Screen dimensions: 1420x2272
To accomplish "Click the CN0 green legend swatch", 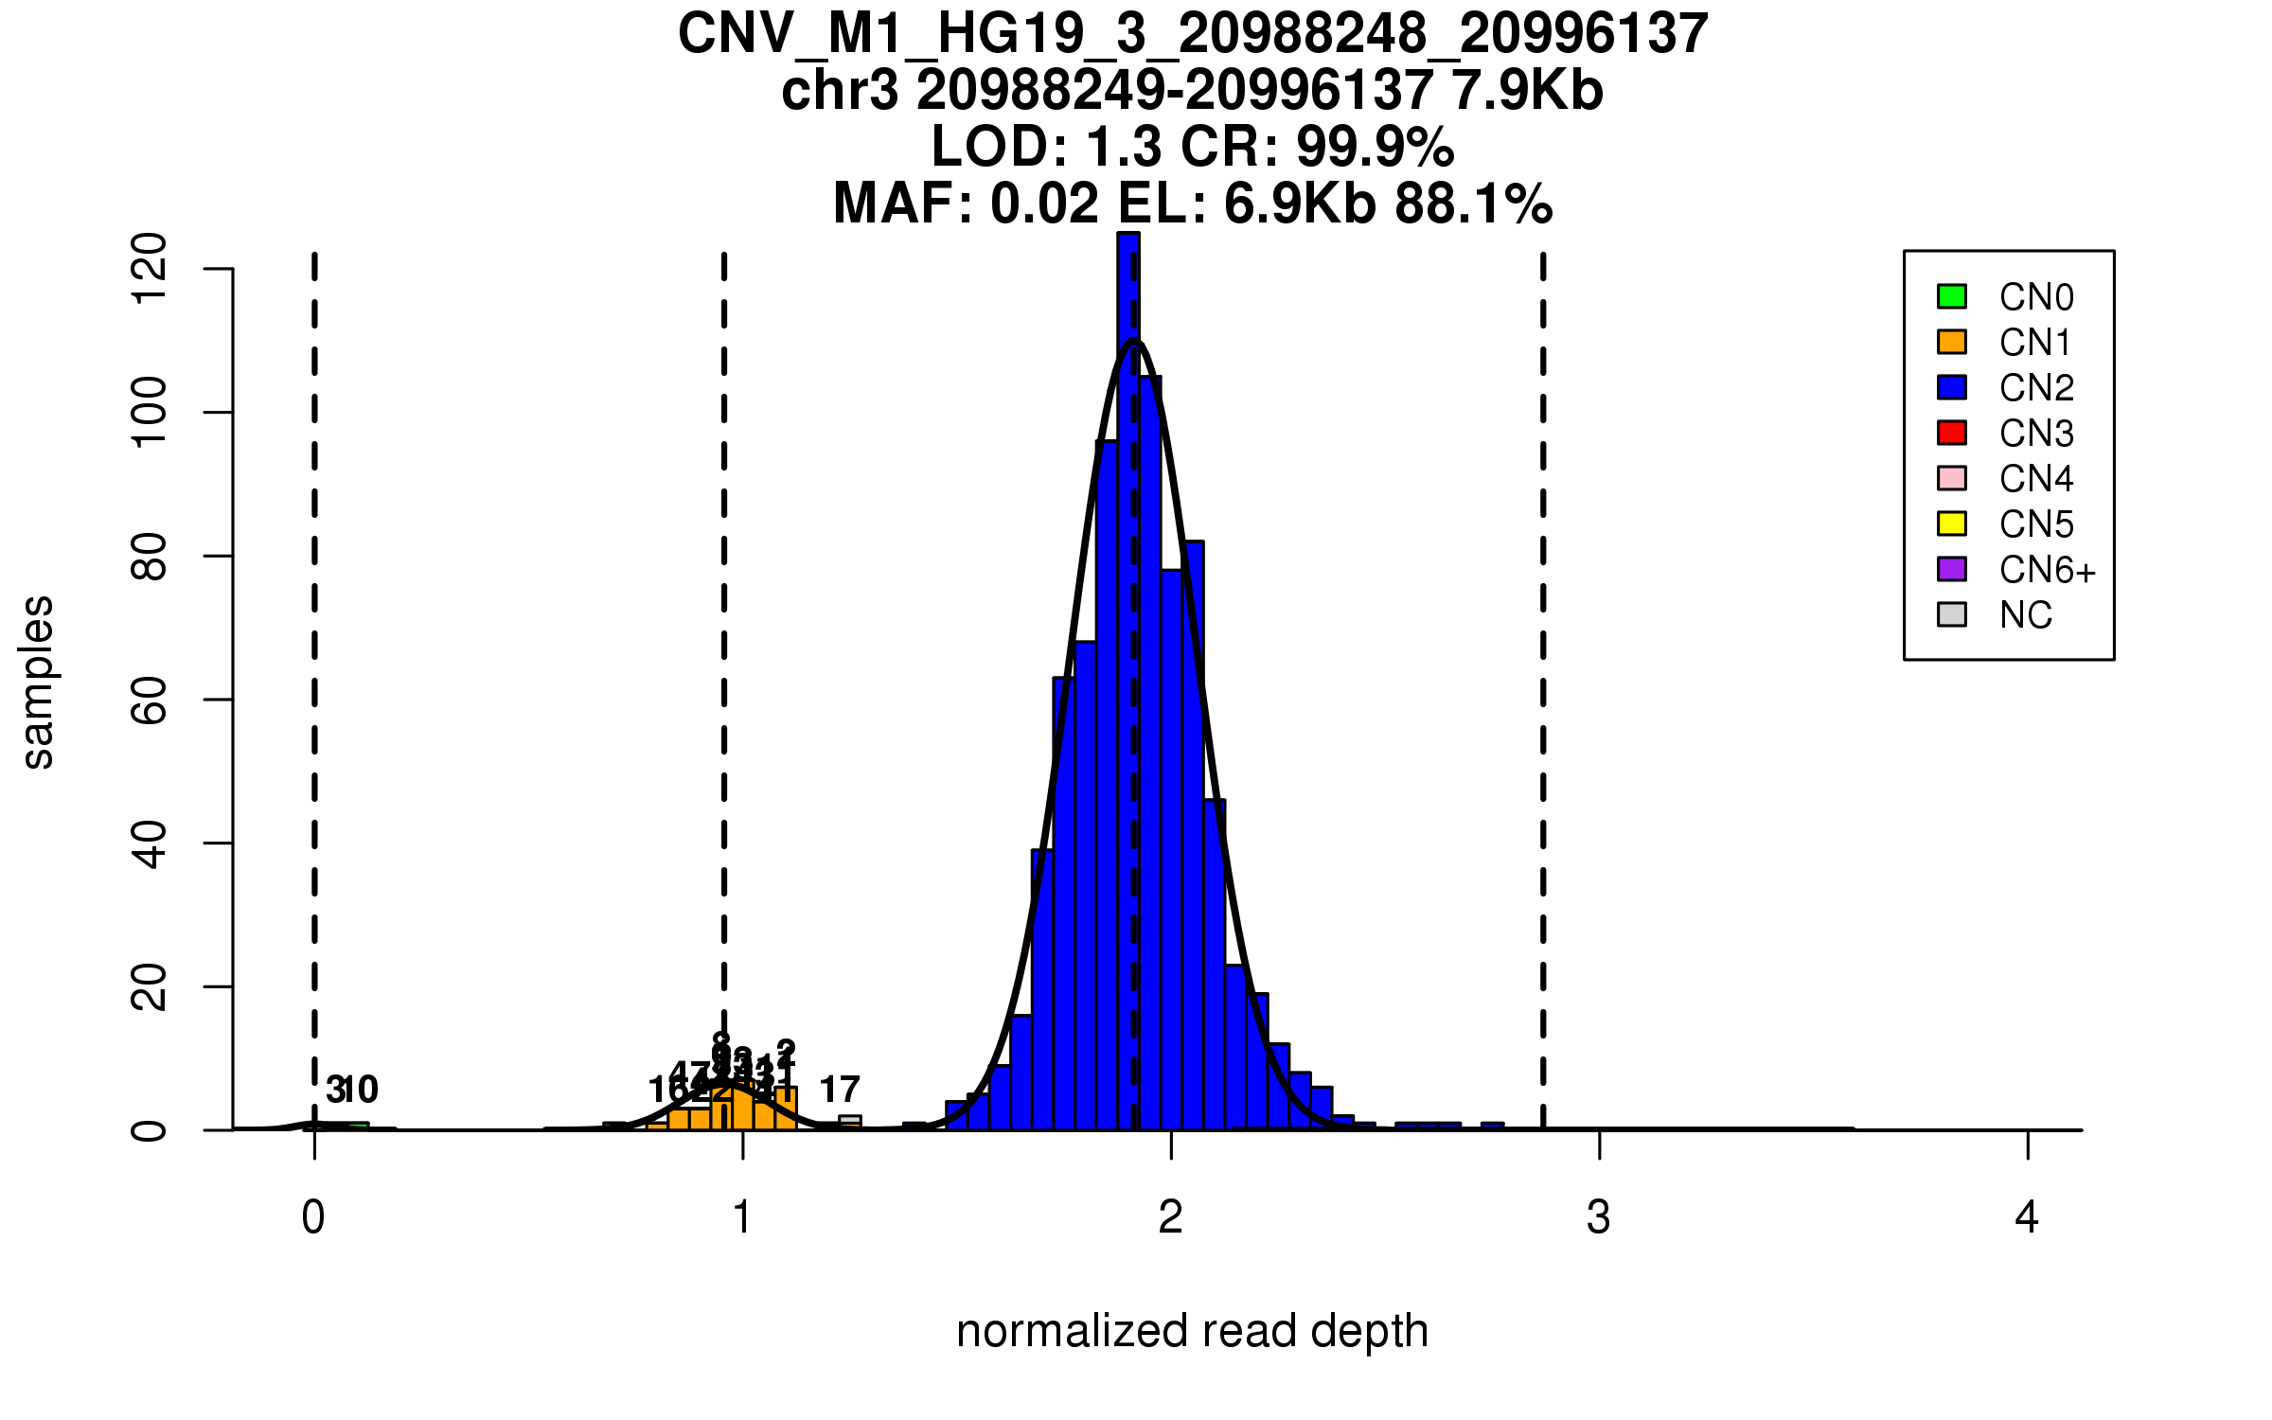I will tap(1951, 296).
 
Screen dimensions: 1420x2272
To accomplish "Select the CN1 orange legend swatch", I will tap(1951, 342).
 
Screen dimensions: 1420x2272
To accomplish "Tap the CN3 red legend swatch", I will tap(1951, 433).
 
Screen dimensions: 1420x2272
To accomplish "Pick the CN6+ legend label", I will tap(2047, 570).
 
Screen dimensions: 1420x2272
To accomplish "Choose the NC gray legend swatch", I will tap(1951, 614).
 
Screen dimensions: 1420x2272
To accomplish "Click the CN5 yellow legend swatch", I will tap(1951, 524).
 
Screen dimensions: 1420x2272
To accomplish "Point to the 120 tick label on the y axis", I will tap(150, 269).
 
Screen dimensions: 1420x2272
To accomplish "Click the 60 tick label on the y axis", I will tap(150, 700).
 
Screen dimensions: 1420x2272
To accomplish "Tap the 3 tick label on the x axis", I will tap(1599, 1217).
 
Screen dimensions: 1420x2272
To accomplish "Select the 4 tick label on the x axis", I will tap(2027, 1217).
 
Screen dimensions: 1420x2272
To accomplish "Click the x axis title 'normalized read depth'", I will tap(1192, 1331).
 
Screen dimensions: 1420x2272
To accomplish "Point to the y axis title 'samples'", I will tap(38, 682).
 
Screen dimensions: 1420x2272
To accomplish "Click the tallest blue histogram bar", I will tap(1128, 663).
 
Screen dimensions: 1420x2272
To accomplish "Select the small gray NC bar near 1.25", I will tap(850, 1122).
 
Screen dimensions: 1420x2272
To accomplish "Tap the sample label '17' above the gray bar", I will tap(840, 1091).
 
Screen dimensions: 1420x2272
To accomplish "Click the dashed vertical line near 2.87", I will tap(1543, 663).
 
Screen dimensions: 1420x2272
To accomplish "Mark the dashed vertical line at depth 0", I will tap(314, 663).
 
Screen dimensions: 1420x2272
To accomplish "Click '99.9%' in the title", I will tap(1375, 147).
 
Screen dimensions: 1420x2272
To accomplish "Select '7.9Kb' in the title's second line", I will tap(1527, 91).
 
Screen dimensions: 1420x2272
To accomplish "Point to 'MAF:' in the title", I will tap(903, 204).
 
